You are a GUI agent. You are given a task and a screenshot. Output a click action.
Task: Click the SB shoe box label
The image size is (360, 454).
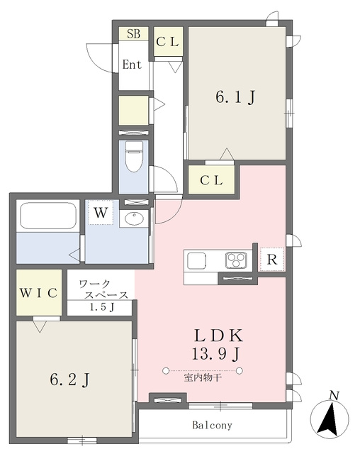[134, 34]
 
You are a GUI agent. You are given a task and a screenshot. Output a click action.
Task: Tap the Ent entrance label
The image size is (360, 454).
[132, 65]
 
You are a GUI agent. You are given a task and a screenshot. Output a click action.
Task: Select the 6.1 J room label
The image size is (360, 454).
[235, 97]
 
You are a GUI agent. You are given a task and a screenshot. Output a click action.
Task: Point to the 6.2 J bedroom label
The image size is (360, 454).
[69, 380]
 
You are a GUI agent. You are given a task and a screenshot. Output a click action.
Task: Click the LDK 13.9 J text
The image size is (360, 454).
[218, 345]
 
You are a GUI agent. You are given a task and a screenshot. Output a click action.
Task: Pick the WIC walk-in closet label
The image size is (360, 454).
[38, 293]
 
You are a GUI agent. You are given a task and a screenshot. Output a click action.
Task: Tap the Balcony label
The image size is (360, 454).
[212, 425]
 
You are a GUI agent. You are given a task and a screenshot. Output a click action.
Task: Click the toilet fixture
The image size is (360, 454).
[134, 156]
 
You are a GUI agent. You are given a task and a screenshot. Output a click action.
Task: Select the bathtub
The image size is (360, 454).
[48, 216]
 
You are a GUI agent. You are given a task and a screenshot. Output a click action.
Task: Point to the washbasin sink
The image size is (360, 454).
[134, 218]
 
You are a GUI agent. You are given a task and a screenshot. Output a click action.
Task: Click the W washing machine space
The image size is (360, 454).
[101, 213]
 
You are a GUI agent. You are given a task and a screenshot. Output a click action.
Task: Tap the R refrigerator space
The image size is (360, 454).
[272, 260]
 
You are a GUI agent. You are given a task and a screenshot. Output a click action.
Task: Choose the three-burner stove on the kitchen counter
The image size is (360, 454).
[236, 260]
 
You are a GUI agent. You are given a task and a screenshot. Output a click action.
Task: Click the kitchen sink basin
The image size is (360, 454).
[196, 260]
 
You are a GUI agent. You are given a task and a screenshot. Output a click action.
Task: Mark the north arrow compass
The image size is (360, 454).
[330, 417]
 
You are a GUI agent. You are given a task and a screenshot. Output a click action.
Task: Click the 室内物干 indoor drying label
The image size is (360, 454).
[203, 377]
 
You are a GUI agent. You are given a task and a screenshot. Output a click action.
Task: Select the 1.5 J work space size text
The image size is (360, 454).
[101, 307]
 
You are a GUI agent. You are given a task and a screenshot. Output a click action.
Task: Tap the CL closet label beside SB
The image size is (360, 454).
[167, 42]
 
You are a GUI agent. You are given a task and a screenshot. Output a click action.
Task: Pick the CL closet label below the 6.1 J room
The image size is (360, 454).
[211, 180]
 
